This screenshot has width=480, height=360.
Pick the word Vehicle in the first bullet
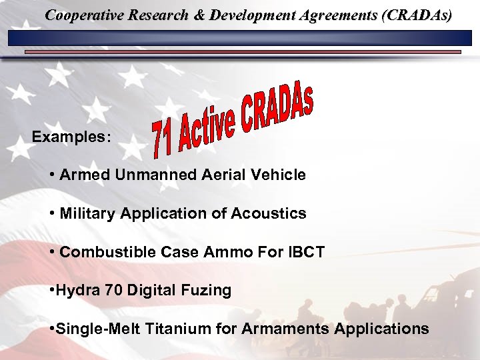(x=281, y=175)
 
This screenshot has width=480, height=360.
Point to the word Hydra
(x=75, y=291)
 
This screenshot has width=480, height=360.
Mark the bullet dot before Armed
(x=52, y=175)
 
